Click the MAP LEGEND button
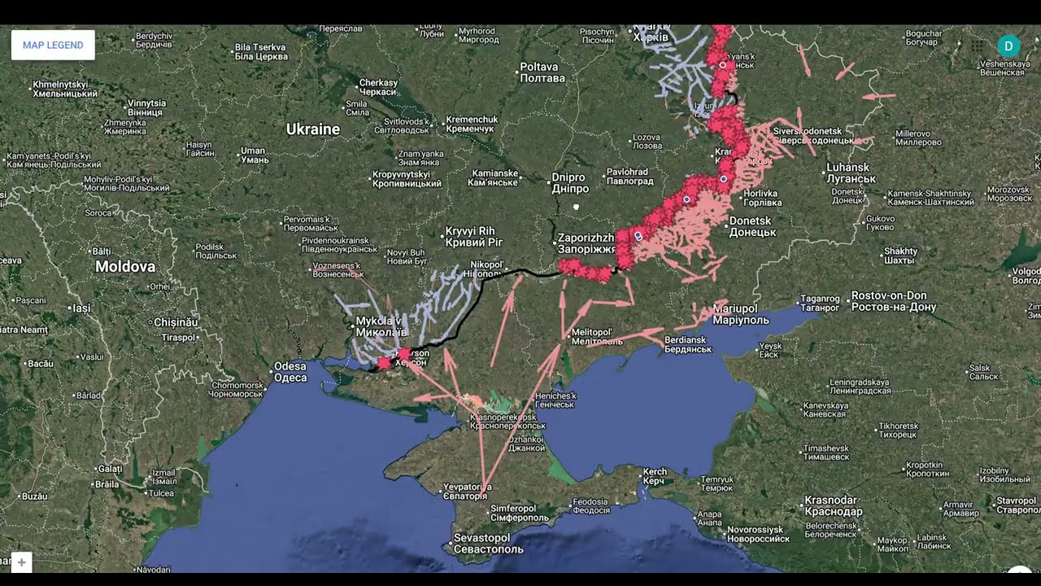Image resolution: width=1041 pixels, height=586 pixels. pyautogui.click(x=53, y=46)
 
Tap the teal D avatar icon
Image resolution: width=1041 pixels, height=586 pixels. pyautogui.click(x=1008, y=46)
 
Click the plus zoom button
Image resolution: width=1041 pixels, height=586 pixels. pyautogui.click(x=21, y=562)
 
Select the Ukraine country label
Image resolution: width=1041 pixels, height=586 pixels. pyautogui.click(x=313, y=129)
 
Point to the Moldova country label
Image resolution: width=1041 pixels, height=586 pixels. pyautogui.click(x=125, y=267)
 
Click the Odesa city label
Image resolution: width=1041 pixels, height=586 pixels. pyautogui.click(x=290, y=372)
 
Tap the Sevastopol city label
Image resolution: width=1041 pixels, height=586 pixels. pyautogui.click(x=482, y=543)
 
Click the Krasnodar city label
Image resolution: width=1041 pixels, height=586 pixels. pyautogui.click(x=833, y=505)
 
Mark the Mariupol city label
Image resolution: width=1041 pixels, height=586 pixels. pyautogui.click(x=741, y=314)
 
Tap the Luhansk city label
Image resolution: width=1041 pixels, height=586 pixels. pyautogui.click(x=850, y=173)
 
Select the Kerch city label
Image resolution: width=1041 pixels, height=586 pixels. pyautogui.click(x=655, y=476)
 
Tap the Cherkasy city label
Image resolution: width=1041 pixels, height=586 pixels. pyautogui.click(x=378, y=87)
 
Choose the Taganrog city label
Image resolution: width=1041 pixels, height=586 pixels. pyautogui.click(x=820, y=303)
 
